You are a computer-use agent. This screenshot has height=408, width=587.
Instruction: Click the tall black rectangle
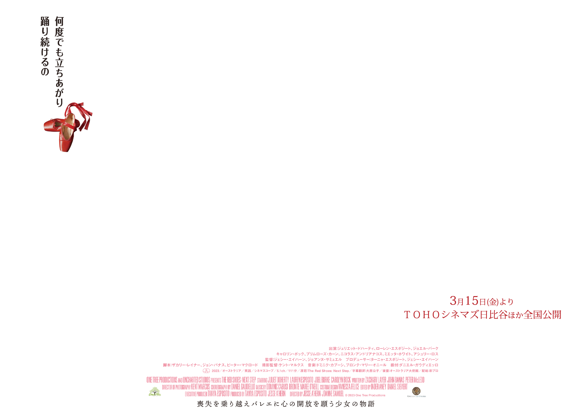pyautogui.click(x=52, y=57)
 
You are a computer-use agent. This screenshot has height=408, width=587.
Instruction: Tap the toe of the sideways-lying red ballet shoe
pyautogui.click(x=47, y=126)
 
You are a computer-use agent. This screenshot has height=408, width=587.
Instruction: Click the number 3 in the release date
pyautogui.click(x=453, y=300)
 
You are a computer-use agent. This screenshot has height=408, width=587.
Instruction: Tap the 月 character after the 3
pyautogui.click(x=460, y=302)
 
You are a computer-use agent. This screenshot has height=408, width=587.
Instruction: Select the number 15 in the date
pyautogui.click(x=472, y=300)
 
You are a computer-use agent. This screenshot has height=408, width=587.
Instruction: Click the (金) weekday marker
pyautogui.click(x=492, y=302)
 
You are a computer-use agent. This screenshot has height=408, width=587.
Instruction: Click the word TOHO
pyautogui.click(x=422, y=315)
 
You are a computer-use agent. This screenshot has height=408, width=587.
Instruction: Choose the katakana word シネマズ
pyautogui.click(x=460, y=315)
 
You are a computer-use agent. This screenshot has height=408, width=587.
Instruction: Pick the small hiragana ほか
pyautogui.click(x=516, y=315)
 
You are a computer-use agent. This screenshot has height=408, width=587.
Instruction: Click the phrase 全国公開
pyautogui.click(x=542, y=315)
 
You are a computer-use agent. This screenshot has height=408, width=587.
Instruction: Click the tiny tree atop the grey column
pyautogui.click(x=155, y=392)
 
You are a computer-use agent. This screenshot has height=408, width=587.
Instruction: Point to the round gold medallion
pyautogui.click(x=416, y=391)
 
